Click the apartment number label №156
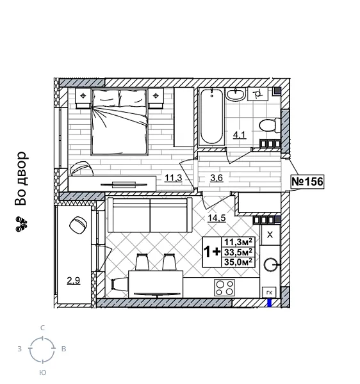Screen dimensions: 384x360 [x=307, y=182]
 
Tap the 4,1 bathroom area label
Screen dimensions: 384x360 [x=239, y=135]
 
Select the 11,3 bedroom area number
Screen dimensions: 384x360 [x=173, y=178]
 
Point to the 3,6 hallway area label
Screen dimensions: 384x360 [x=217, y=178]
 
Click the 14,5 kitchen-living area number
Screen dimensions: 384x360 [x=216, y=218]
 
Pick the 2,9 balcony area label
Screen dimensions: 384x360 [x=74, y=280]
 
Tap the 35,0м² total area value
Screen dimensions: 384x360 [x=238, y=261]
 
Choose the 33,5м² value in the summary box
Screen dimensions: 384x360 [x=238, y=252]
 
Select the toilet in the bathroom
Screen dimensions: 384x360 [x=268, y=124]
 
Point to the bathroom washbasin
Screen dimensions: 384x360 [x=236, y=94]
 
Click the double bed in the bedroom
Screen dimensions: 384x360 [x=120, y=122]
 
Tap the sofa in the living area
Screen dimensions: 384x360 [x=149, y=215]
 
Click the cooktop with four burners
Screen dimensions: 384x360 [x=225, y=287]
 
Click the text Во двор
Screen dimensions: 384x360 [x=21, y=179]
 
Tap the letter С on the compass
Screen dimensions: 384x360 [x=42, y=328]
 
